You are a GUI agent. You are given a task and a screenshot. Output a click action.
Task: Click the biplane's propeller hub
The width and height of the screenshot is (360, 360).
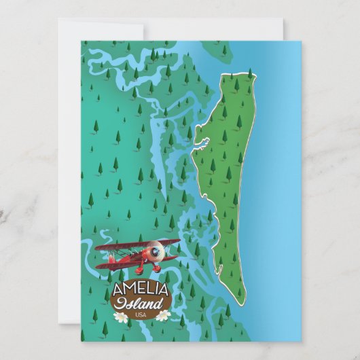(x=156, y=252)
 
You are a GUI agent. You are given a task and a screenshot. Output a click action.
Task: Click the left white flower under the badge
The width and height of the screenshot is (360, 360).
(x=121, y=317)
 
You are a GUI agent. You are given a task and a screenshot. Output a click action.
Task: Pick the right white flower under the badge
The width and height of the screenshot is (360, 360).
(x=163, y=315)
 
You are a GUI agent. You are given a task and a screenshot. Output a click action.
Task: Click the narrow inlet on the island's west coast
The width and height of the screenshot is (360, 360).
(x=201, y=142)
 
